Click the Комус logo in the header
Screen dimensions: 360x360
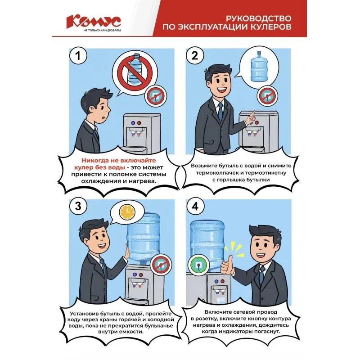(x=93, y=22)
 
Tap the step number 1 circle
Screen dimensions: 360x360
(x=78, y=56)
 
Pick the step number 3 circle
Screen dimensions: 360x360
(x=78, y=207)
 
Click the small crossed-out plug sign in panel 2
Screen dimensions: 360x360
(x=266, y=96)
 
